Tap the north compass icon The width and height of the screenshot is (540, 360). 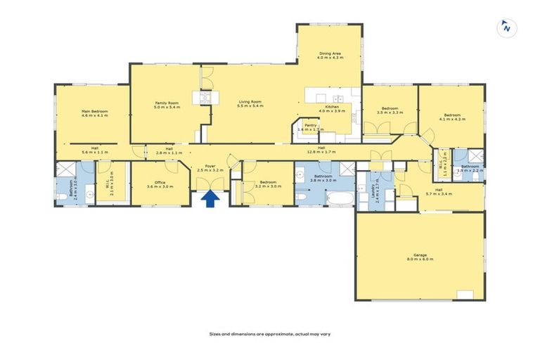pyautogui.click(x=505, y=27)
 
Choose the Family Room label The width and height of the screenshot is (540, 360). pyautogui.click(x=167, y=103)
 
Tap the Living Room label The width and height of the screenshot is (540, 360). pyautogui.click(x=250, y=103)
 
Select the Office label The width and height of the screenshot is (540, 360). pyautogui.click(x=160, y=183)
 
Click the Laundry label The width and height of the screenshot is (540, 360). pyautogui.click(x=377, y=191)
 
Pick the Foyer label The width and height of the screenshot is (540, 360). pyautogui.click(x=210, y=167)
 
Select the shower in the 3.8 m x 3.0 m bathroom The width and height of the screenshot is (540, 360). pyautogui.click(x=348, y=168)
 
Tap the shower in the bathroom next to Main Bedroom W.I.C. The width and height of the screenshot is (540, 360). pyautogui.click(x=65, y=169)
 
